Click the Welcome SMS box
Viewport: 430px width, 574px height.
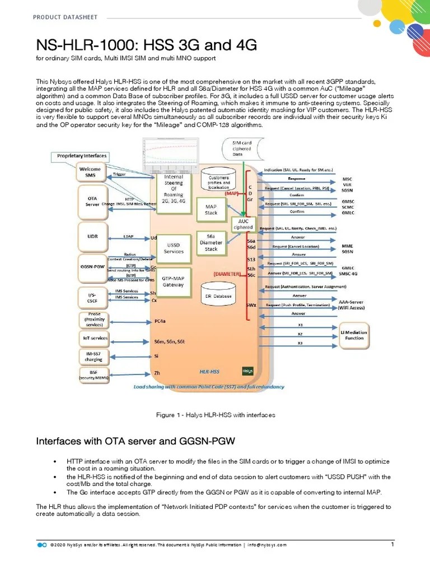point(90,172)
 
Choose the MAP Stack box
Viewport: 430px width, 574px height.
point(211,210)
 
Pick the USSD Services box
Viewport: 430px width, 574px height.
point(174,248)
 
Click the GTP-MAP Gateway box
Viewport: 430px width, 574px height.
point(174,281)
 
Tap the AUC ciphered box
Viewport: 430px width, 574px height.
point(244,224)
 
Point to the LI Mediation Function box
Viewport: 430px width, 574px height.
point(354,335)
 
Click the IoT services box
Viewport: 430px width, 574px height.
point(92,339)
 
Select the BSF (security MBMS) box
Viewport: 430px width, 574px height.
point(92,374)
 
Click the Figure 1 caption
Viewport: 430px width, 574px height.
point(215,415)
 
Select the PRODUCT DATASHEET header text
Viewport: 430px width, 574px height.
point(65,17)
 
